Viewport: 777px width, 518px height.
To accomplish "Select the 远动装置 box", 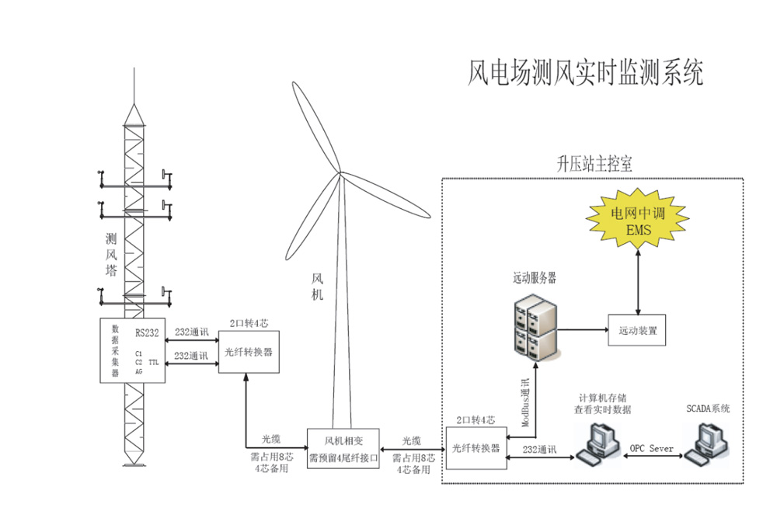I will click(638, 330).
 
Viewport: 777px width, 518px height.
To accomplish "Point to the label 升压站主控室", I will click(594, 165).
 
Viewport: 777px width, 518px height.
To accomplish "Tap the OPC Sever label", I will click(651, 448).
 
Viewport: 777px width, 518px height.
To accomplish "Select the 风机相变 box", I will click(343, 449).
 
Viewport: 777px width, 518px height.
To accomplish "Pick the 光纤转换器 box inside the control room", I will click(476, 448).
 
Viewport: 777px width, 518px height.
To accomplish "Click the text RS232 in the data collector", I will click(147, 334).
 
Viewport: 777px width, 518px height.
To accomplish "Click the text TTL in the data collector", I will click(154, 362).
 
